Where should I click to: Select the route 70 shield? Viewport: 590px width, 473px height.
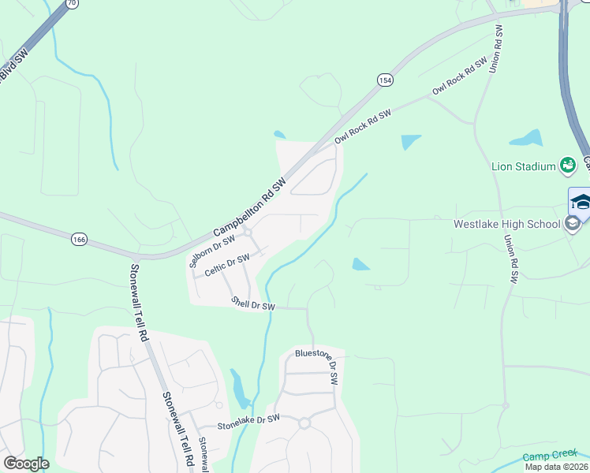[72, 3]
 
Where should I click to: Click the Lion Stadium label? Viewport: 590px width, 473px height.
[524, 166]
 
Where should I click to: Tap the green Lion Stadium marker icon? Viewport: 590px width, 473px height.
[567, 165]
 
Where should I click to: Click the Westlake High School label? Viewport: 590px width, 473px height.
[506, 224]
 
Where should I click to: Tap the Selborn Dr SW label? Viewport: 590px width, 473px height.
[213, 251]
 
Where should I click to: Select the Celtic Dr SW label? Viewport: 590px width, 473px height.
[227, 264]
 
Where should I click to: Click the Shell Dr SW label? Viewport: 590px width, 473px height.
[253, 303]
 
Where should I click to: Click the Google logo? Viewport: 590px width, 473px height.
[26, 464]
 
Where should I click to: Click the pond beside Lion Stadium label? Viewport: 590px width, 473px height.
[526, 139]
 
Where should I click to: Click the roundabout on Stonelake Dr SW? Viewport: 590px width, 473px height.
[304, 423]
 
